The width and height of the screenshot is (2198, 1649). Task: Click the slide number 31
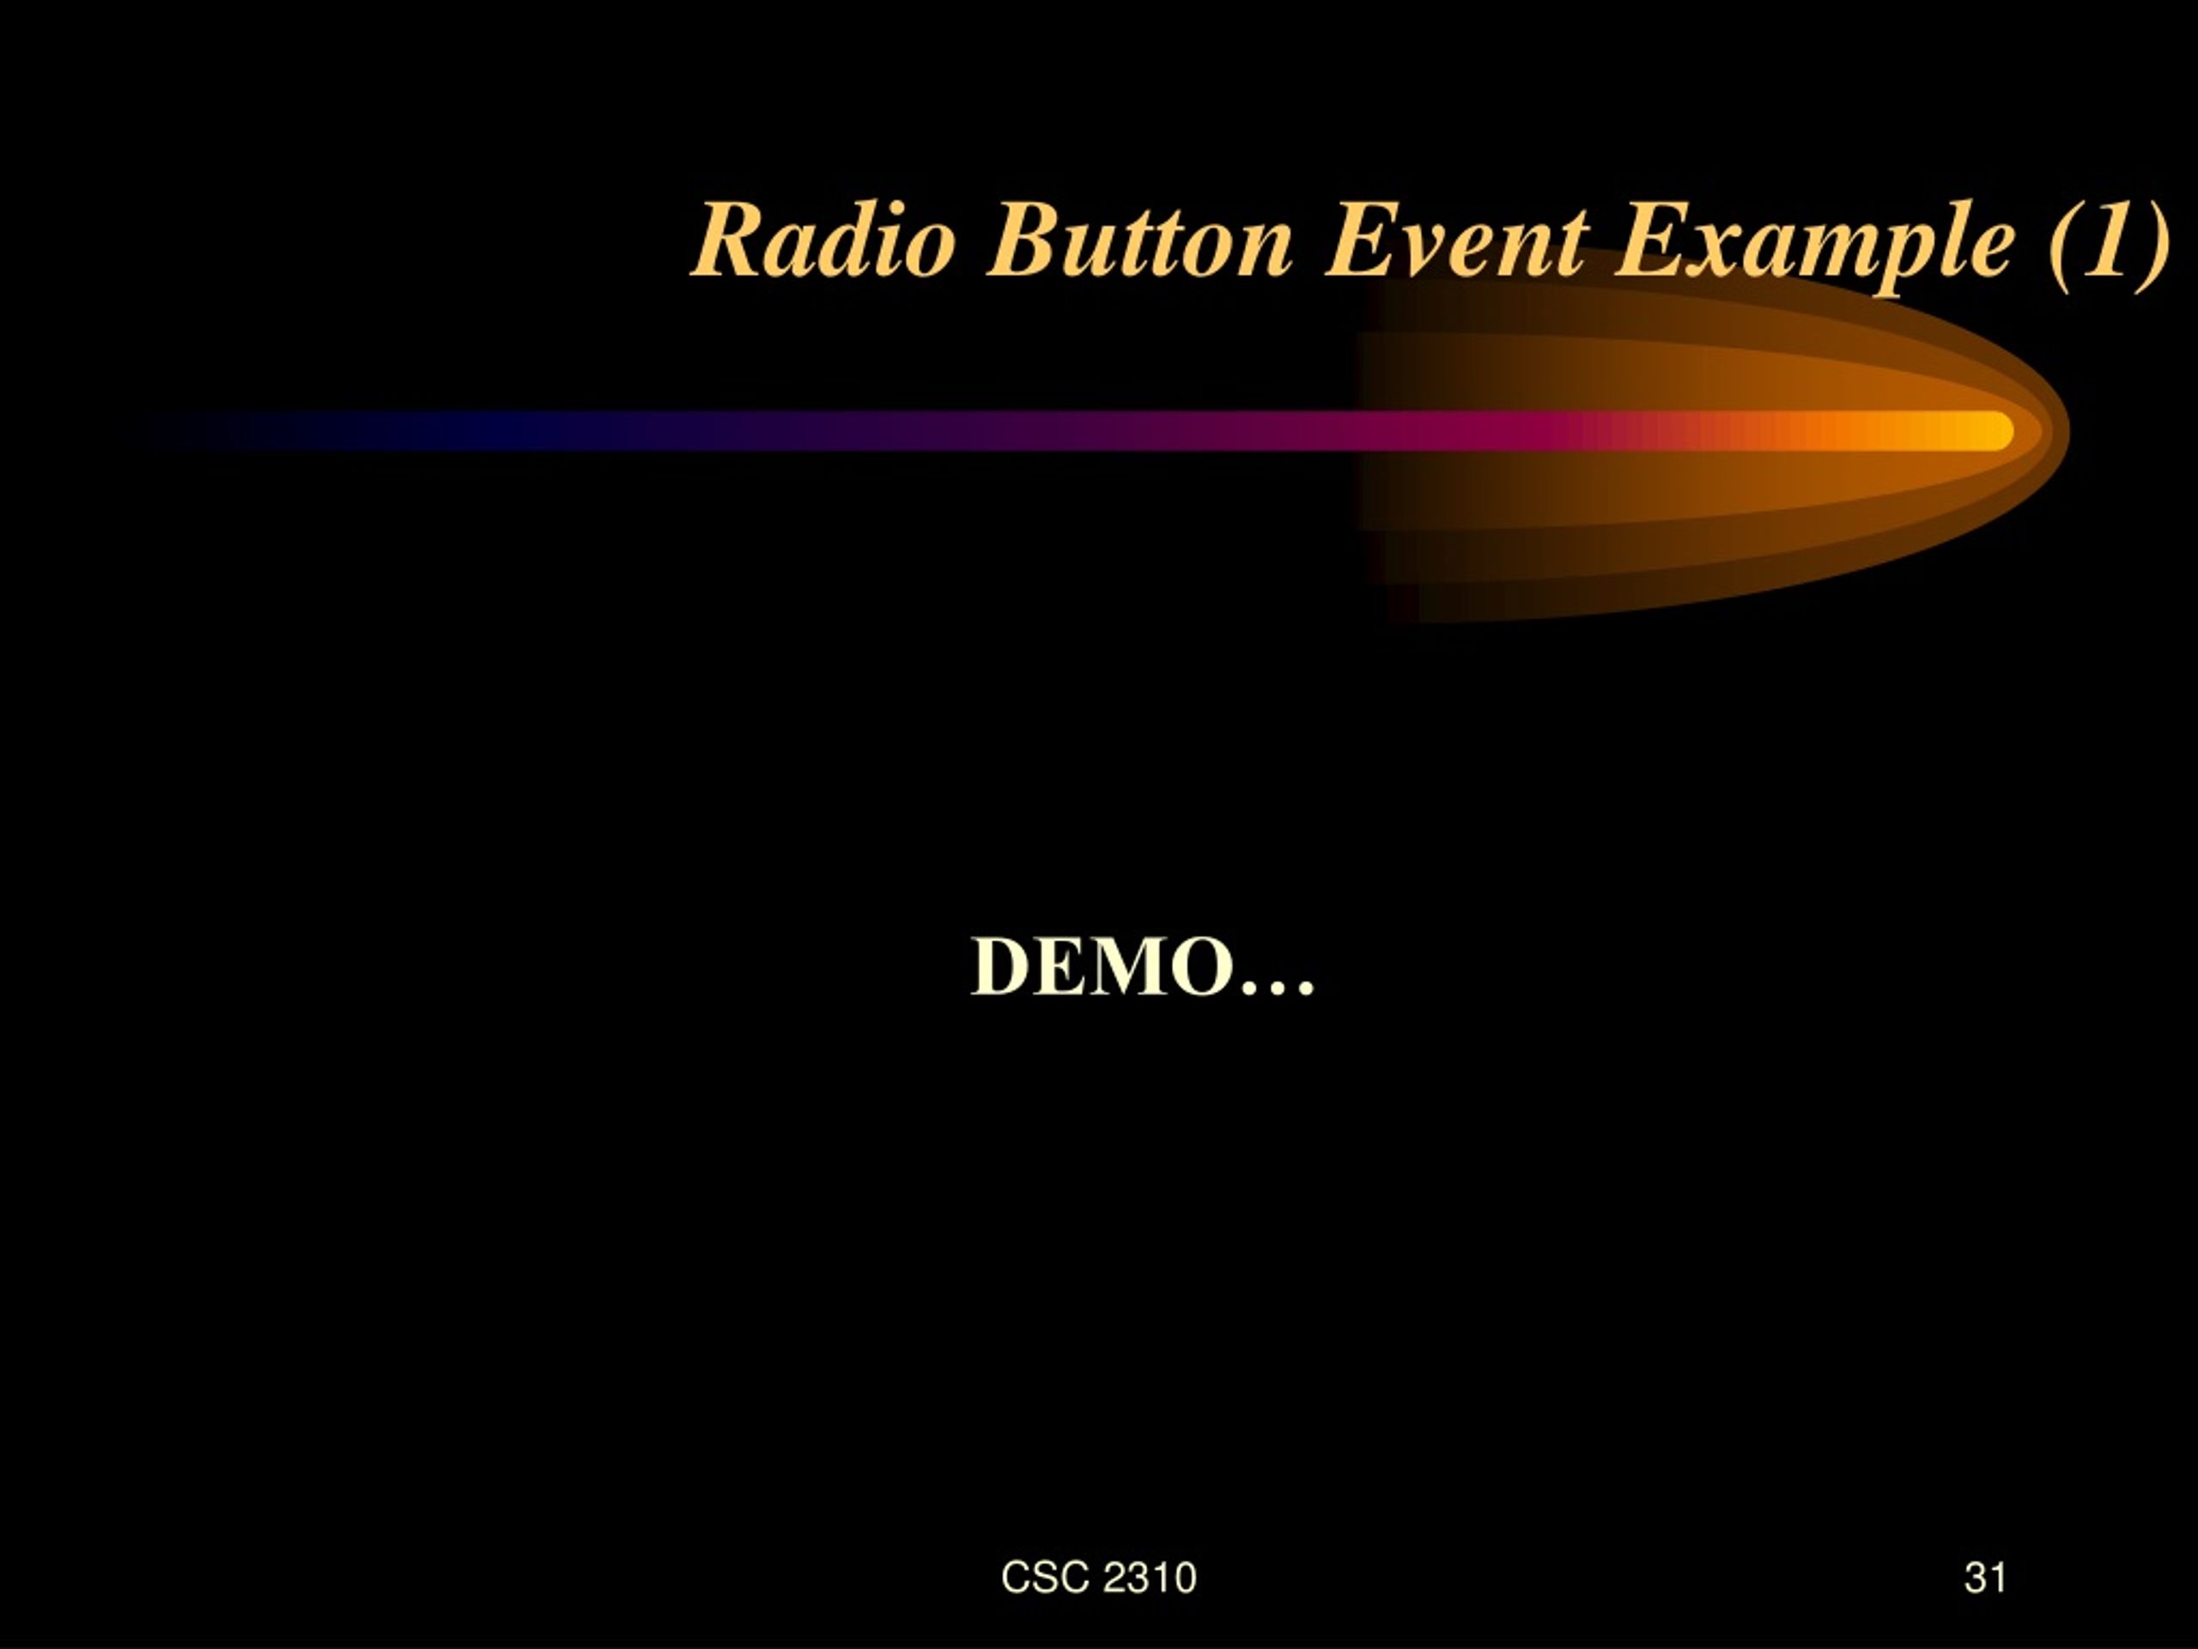[1984, 1577]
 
